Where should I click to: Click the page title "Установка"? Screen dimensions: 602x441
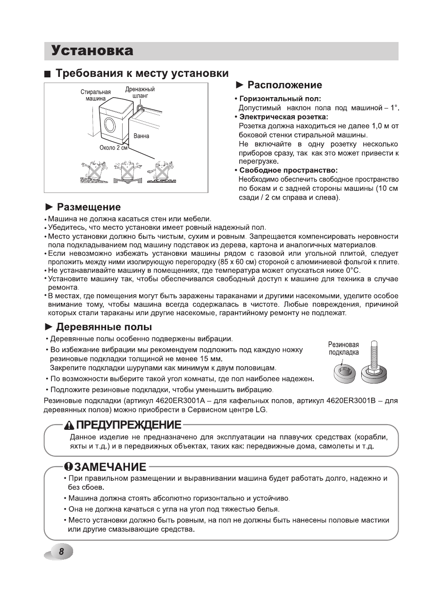point(92,50)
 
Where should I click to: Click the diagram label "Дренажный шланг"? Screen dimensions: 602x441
point(140,92)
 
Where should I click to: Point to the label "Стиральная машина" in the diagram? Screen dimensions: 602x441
point(95,95)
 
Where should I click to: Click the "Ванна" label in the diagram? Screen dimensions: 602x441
point(141,136)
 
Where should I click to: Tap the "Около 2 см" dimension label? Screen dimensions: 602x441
point(114,148)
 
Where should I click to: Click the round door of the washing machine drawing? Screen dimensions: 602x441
point(109,125)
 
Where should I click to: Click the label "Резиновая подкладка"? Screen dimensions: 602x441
point(343,349)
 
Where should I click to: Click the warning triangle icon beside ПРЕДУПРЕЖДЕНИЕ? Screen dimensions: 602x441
point(70,425)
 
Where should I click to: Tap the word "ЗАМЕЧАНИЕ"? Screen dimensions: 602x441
point(110,467)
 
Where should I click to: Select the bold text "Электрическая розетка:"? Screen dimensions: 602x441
point(283,117)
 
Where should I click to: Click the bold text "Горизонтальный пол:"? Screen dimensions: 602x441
point(280,99)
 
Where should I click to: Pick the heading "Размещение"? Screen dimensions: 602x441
point(89,207)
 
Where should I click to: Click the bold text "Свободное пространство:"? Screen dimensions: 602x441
point(289,170)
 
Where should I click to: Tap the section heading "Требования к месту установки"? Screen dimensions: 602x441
point(142,74)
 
